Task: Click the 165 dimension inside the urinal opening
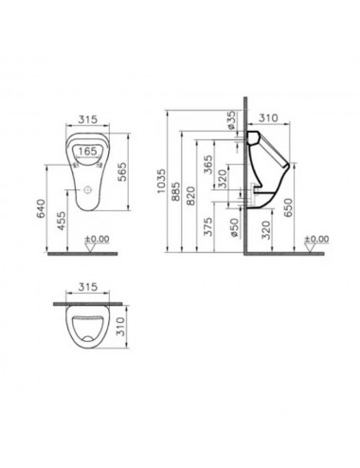87,152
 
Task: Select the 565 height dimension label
121,171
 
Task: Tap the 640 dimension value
41,208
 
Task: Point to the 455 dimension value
62,221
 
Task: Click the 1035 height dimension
161,182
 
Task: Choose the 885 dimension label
175,191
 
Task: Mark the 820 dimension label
190,196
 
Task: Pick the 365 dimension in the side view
208,165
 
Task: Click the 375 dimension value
208,226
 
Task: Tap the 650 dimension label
288,207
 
